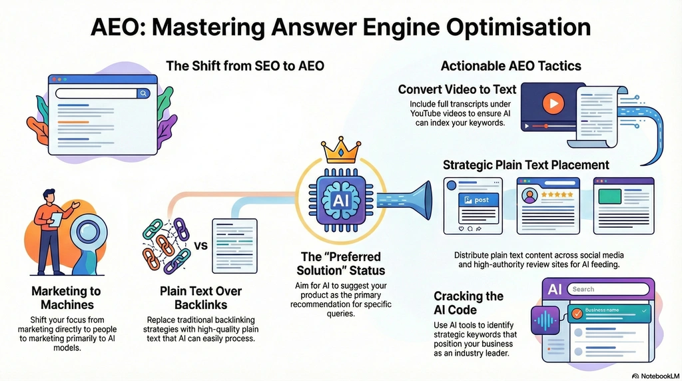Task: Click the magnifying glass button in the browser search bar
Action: (x=143, y=94)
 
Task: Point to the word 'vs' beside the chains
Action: (x=200, y=245)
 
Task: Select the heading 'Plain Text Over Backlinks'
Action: (x=200, y=298)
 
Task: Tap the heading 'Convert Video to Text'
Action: (x=457, y=89)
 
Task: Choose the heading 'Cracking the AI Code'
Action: (x=468, y=303)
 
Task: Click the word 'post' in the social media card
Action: (x=481, y=200)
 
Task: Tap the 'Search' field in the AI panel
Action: (x=605, y=289)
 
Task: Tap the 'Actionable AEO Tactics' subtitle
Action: (x=511, y=66)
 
